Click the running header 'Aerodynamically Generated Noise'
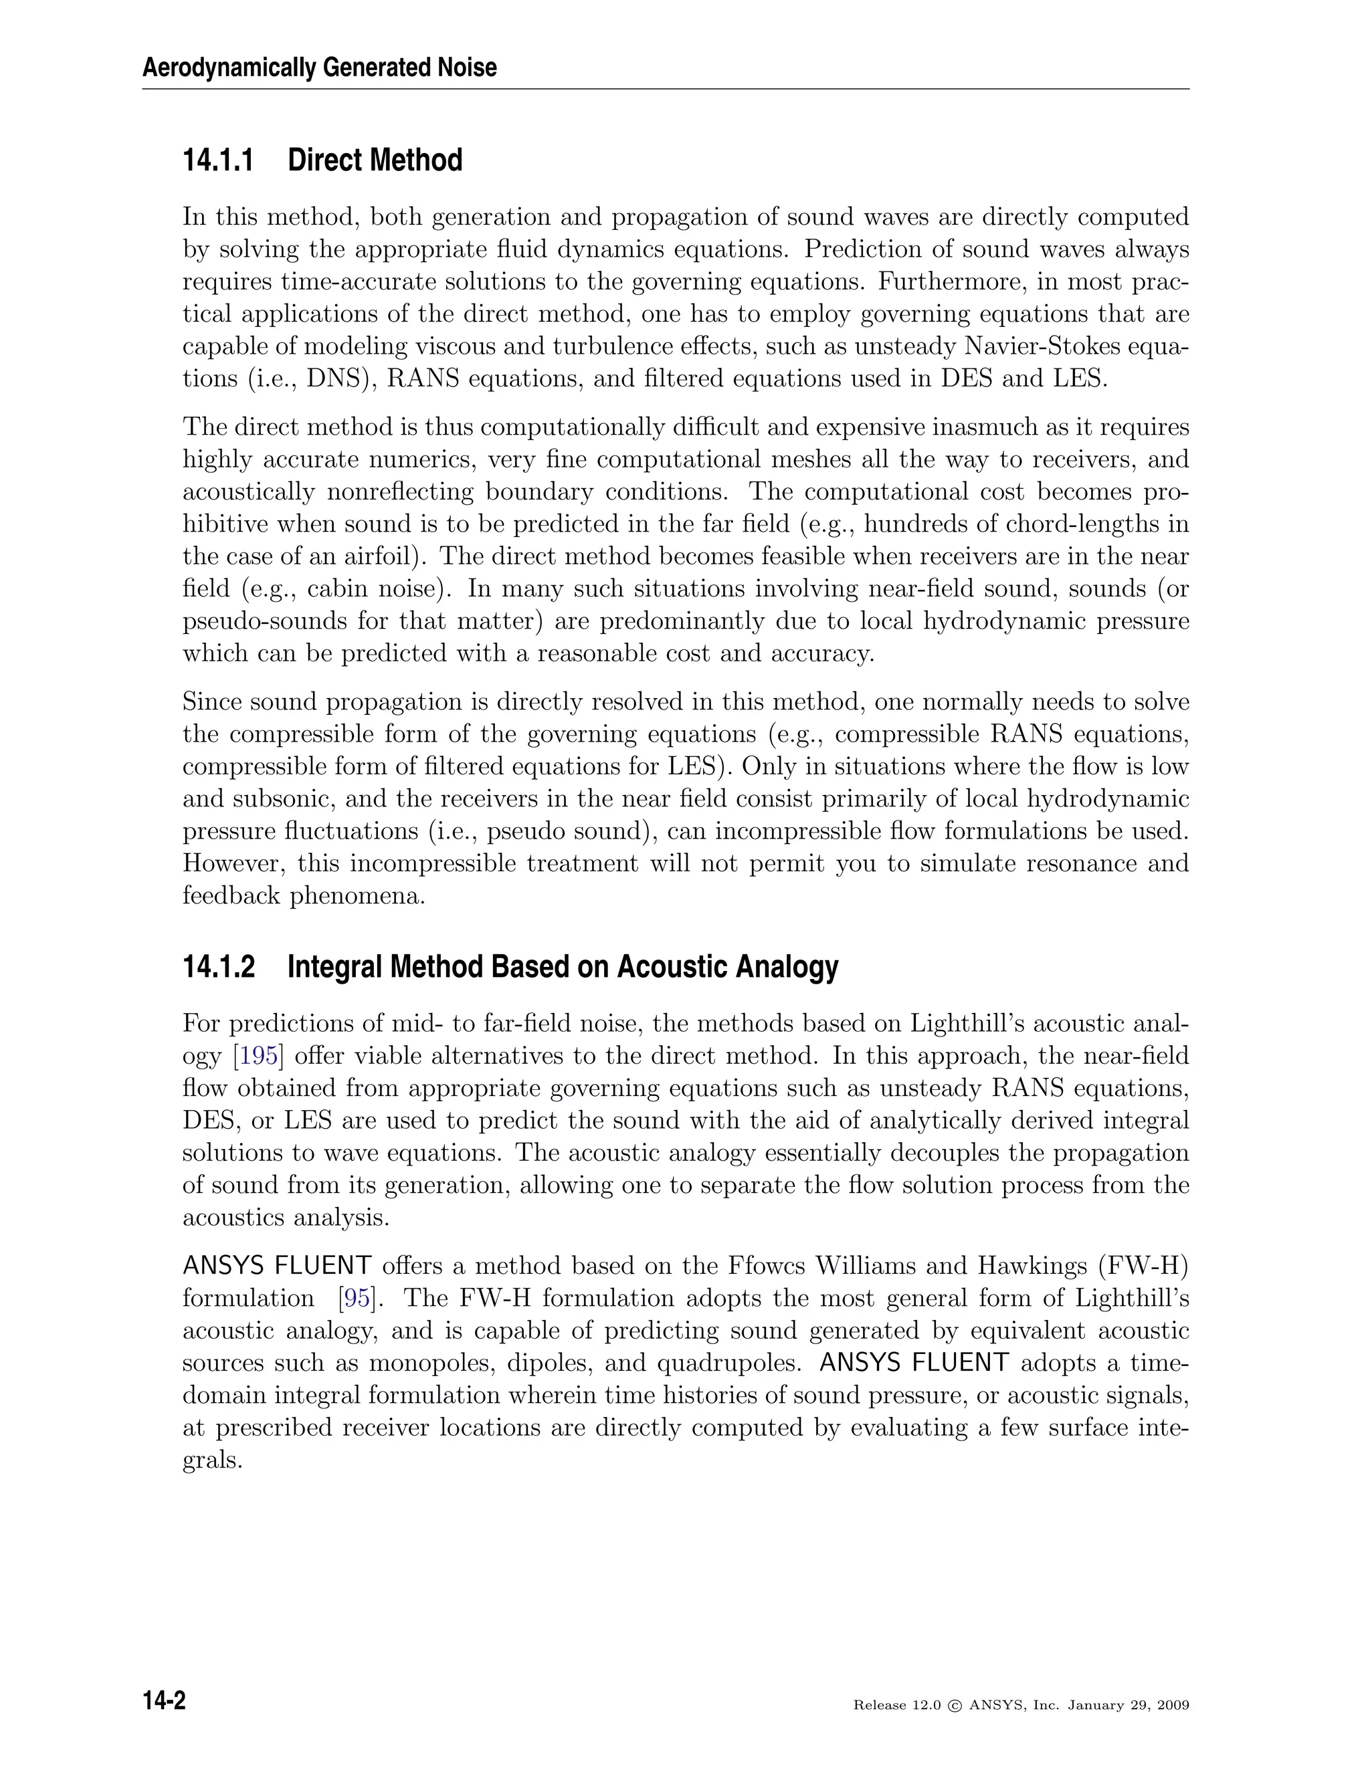(319, 68)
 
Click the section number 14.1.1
(217, 160)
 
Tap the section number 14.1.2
(217, 966)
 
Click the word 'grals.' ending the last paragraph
(213, 1461)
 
